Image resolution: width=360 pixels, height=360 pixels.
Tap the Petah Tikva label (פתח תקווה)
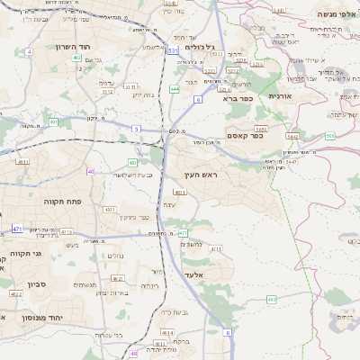click(x=62, y=202)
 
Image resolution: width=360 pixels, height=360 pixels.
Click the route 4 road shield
click(x=29, y=52)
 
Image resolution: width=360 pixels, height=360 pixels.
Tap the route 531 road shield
click(x=172, y=52)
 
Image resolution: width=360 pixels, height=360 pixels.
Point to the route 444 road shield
click(x=175, y=89)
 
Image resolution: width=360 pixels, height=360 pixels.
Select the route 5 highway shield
click(x=136, y=130)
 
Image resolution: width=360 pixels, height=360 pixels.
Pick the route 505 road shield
click(x=330, y=136)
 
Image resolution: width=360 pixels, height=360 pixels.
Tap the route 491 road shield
click(x=54, y=121)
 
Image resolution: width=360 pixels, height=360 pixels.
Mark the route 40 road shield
click(x=90, y=171)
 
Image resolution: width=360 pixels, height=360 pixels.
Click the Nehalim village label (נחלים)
click(x=114, y=256)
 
